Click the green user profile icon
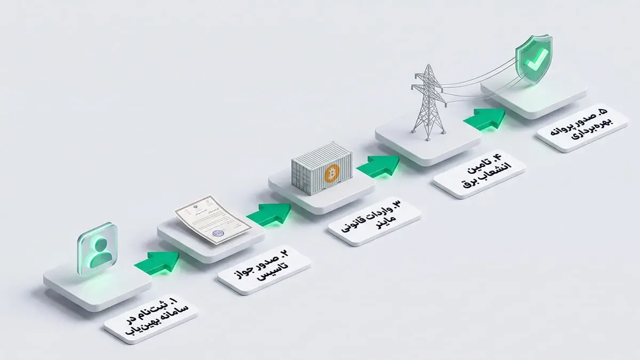click(x=97, y=249)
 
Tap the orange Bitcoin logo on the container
click(x=332, y=173)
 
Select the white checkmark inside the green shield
click(x=537, y=60)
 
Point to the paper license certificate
click(x=213, y=219)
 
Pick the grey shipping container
click(x=322, y=169)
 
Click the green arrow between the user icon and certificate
click(x=157, y=263)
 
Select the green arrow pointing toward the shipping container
click(x=269, y=214)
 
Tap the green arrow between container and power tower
click(x=378, y=166)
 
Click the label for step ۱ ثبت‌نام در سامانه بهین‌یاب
click(x=151, y=318)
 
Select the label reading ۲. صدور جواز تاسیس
click(x=265, y=270)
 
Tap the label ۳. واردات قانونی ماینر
click(x=374, y=221)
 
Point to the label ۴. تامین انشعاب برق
click(x=479, y=174)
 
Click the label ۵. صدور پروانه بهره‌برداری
click(x=582, y=127)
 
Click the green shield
click(x=534, y=59)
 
